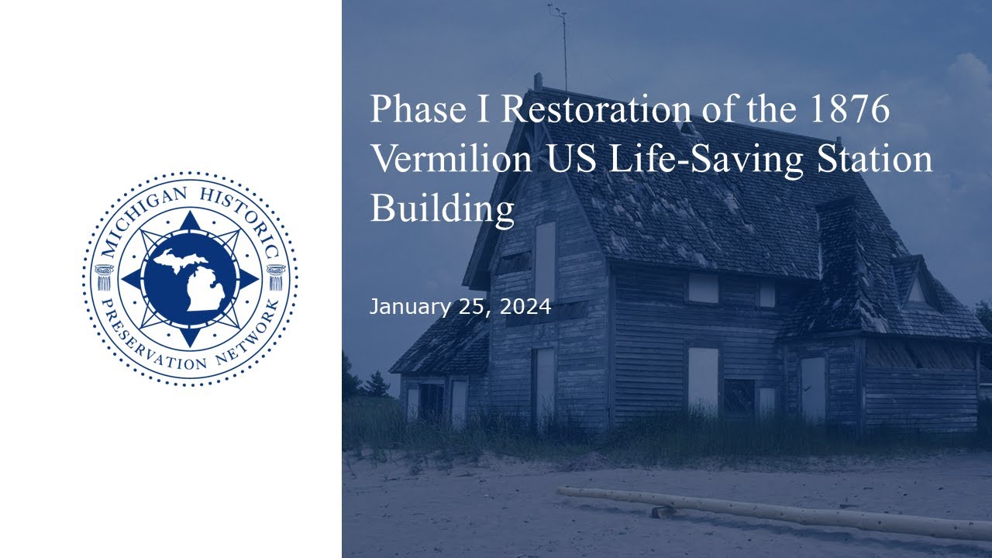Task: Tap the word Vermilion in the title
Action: (x=451, y=159)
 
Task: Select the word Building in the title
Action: (x=442, y=209)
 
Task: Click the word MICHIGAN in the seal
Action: (x=142, y=218)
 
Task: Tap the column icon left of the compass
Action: (x=104, y=277)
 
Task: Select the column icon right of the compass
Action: (x=276, y=277)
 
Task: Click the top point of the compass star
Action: (x=190, y=212)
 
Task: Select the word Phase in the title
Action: (x=418, y=108)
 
